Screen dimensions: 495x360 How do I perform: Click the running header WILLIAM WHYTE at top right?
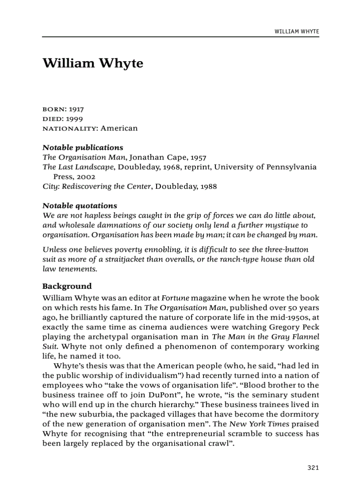pyautogui.click(x=296, y=32)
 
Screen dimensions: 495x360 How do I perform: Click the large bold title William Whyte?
pyautogui.click(x=93, y=63)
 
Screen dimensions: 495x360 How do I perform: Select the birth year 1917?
pyautogui.click(x=76, y=109)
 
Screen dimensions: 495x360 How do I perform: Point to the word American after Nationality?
pyautogui.click(x=119, y=128)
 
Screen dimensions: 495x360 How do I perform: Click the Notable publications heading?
pyautogui.click(x=82, y=148)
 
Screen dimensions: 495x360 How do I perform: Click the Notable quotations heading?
pyautogui.click(x=80, y=206)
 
